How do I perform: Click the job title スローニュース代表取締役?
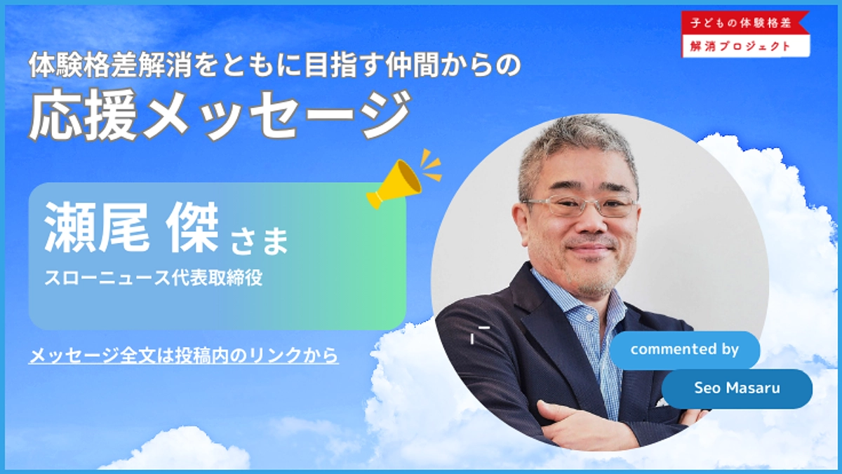coord(153,277)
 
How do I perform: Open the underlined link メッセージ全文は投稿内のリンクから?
coord(184,356)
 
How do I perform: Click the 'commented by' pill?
coord(684,350)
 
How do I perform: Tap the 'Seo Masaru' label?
coord(736,388)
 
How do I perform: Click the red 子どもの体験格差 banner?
coord(745,23)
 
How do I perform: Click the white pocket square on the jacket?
coord(662,402)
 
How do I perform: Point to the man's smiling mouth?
coord(588,249)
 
